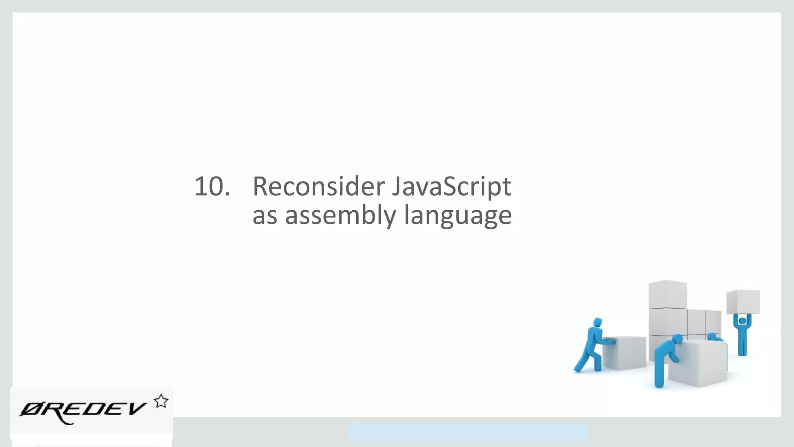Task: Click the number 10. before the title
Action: pos(212,187)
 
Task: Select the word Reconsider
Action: pos(318,187)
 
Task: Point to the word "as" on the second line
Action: pos(264,216)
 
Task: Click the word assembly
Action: pos(340,216)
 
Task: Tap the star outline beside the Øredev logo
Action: pos(161,401)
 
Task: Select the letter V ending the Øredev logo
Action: pos(136,408)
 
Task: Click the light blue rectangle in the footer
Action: pos(467,432)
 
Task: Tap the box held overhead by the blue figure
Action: pos(743,301)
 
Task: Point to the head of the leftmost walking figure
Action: pos(597,322)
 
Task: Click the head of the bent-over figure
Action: pos(677,340)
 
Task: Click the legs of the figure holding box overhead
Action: pos(742,345)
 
